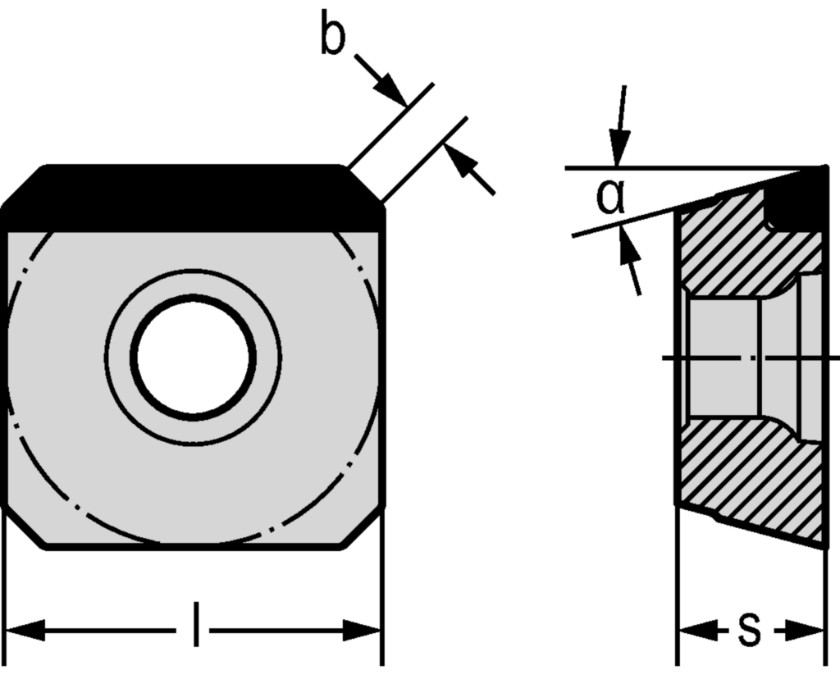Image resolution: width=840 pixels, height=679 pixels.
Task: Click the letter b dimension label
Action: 332,36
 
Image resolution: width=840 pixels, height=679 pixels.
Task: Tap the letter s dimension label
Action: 748,629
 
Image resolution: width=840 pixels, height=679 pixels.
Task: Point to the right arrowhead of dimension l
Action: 363,631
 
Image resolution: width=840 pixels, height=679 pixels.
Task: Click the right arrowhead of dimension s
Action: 808,631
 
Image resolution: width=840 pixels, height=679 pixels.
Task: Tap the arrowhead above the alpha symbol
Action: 619,153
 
